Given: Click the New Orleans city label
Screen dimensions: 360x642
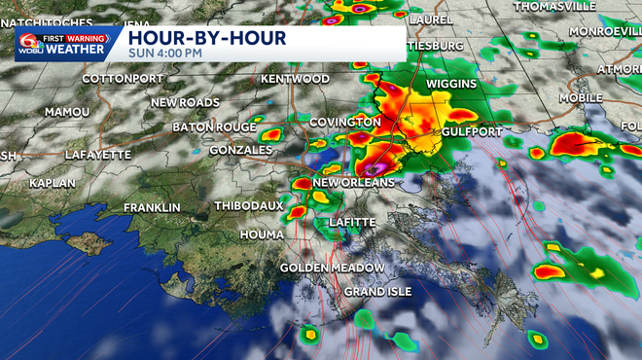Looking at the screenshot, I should point(354,183).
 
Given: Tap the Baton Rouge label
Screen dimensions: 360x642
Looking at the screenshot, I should point(214,127).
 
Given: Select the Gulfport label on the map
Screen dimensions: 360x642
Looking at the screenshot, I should point(471,131).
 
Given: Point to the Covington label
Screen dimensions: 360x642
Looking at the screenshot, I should point(344,122).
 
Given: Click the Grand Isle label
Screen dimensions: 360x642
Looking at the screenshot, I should point(377,292).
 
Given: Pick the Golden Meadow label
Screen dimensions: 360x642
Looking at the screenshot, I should point(332,268).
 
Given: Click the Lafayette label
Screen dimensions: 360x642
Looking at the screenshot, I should point(97,155).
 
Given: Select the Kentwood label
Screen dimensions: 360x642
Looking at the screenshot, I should point(296,78).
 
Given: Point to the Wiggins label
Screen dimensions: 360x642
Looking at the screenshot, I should point(450,84).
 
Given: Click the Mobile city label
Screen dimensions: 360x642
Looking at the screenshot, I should point(581,98).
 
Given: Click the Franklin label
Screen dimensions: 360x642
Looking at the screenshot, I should point(152,208).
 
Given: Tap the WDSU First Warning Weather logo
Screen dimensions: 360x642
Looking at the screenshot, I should point(60,44).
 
